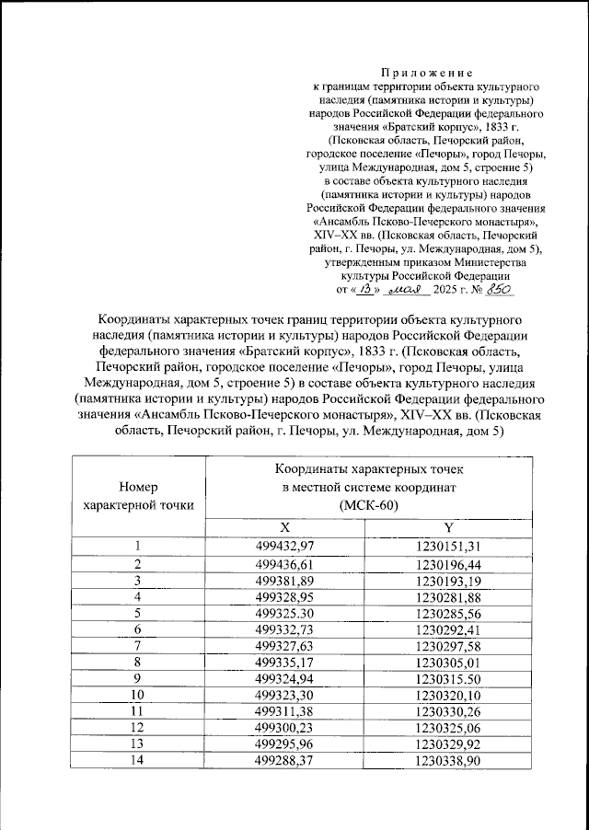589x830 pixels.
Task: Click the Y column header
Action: click(448, 527)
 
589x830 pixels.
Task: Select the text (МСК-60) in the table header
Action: click(366, 505)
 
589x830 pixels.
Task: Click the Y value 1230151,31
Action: click(448, 547)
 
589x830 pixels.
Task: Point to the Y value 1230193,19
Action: click(448, 580)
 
